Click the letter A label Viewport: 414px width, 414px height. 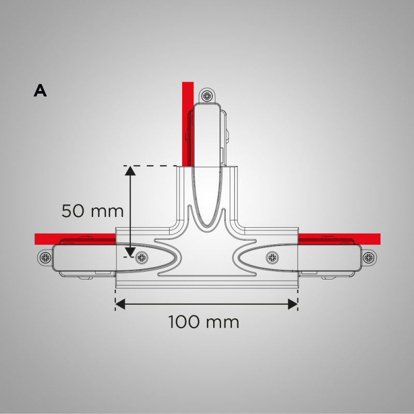point(40,91)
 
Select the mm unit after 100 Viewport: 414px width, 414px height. point(223,322)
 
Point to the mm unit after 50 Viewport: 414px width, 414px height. point(106,211)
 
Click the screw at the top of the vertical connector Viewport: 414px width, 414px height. point(208,96)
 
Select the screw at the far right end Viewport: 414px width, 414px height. point(368,257)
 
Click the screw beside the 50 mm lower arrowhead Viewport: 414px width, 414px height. point(140,257)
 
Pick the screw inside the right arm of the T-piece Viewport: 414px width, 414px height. point(272,257)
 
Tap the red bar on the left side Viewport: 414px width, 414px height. point(72,238)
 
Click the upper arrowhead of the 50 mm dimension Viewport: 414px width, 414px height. point(129,171)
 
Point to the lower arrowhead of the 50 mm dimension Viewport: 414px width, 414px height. point(129,252)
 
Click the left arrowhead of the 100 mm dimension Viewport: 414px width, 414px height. point(120,304)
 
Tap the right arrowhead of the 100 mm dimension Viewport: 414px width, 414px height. point(293,304)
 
